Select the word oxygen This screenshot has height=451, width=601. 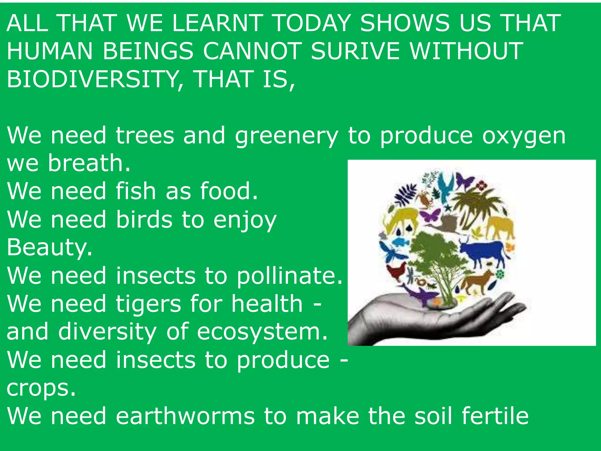pos(524,136)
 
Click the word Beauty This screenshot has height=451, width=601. pos(49,248)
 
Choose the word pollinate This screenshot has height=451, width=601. pos(289,276)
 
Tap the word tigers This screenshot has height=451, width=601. pos(148,304)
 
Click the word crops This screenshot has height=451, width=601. pos(41,388)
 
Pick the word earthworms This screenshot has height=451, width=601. pos(185,416)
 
